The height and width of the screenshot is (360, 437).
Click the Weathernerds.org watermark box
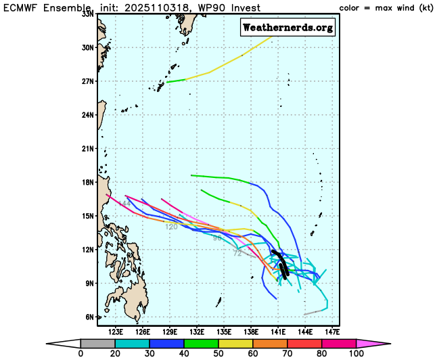click(x=287, y=27)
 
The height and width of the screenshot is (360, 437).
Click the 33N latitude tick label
click(x=87, y=14)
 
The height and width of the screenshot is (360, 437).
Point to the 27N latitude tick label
click(x=87, y=81)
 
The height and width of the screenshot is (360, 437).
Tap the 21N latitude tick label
click(x=87, y=148)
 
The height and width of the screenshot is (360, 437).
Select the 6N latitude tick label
click(x=89, y=317)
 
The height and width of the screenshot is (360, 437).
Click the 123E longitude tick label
click(x=116, y=332)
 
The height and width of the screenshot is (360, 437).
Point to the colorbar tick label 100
click(x=356, y=353)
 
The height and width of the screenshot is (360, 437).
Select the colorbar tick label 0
click(x=80, y=353)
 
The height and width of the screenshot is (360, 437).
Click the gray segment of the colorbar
click(x=94, y=343)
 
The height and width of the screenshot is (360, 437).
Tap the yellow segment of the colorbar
click(x=232, y=343)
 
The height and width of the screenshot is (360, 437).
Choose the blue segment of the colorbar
click(x=163, y=343)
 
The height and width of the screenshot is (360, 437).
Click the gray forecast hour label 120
click(x=171, y=227)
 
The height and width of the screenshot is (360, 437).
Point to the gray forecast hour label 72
click(x=237, y=253)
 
